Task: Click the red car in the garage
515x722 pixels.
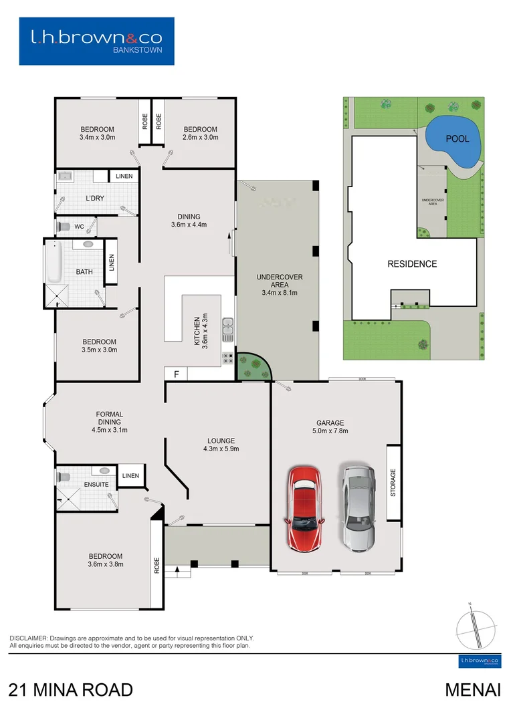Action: coord(304,509)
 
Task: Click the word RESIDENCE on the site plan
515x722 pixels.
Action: coord(412,264)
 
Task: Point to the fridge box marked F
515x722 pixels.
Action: coord(176,374)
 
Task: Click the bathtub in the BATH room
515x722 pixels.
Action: coord(54,263)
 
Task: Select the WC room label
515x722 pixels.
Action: coord(79,227)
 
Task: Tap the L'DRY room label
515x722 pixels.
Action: coord(96,199)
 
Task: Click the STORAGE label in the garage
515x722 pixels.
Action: coord(393,483)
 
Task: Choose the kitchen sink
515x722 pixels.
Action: coord(228,327)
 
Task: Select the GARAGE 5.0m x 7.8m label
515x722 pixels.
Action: coord(330,427)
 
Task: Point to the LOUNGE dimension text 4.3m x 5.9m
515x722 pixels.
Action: coord(221,449)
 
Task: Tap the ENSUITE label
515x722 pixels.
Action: coord(96,483)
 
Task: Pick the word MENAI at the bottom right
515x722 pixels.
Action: coord(473,690)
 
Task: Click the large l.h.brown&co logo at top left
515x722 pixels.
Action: coord(96,41)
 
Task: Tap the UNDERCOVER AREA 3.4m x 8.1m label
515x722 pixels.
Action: coord(277,284)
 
